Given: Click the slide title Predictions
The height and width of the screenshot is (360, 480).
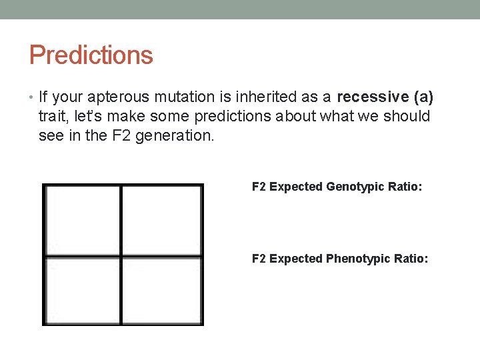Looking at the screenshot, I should (91, 55).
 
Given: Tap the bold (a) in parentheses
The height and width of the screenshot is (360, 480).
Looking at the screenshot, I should (423, 97).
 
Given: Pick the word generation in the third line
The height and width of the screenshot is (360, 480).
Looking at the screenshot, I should (183, 136).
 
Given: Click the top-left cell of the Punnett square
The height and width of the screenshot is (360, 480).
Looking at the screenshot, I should (83, 220).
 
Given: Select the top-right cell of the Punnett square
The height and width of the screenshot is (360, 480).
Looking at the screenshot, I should (162, 220).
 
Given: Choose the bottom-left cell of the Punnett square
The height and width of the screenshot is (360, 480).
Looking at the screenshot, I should (83, 290).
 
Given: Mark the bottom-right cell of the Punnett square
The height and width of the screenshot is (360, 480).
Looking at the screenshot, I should (162, 290).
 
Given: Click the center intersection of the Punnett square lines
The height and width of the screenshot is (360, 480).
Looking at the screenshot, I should (121, 256).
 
